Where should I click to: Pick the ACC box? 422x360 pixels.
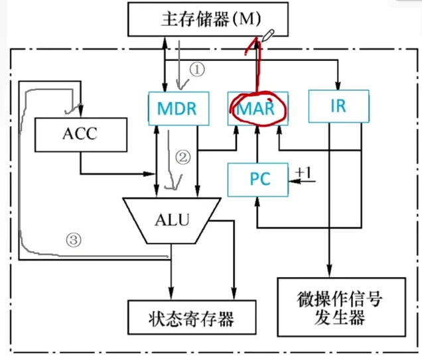click(x=80, y=133)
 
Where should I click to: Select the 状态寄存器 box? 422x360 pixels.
click(x=191, y=318)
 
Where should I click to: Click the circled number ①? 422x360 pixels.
click(x=196, y=69)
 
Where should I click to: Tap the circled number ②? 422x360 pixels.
click(x=183, y=157)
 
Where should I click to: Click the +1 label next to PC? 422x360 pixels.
click(x=304, y=173)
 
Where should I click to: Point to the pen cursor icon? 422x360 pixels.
click(x=267, y=34)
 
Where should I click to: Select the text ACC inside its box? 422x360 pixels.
click(x=80, y=133)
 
